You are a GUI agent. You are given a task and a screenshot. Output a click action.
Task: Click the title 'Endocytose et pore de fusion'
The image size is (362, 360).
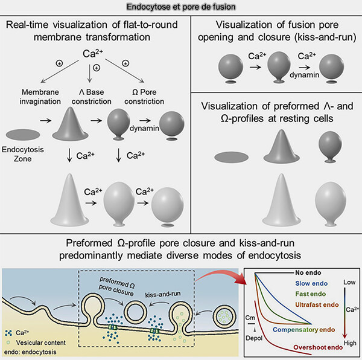pyautogui.click(x=181, y=7)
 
